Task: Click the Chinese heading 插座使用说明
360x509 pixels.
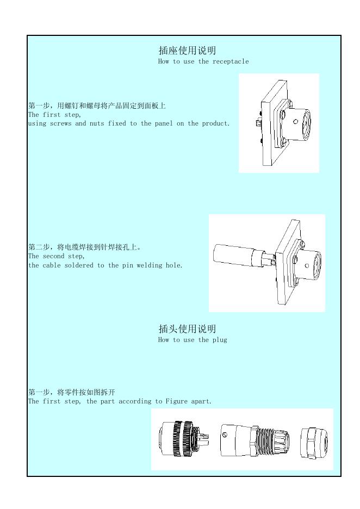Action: pos(187,51)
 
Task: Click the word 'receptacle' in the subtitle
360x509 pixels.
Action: pos(231,61)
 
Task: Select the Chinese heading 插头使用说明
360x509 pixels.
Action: pos(187,329)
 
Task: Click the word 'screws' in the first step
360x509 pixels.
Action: pos(60,123)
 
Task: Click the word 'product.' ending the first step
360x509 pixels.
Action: pos(216,123)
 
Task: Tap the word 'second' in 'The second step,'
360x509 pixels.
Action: pos(53,256)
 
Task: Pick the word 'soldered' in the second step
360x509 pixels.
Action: pos(79,265)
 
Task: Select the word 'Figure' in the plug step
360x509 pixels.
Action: pos(177,401)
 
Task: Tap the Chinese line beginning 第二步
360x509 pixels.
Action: pos(85,247)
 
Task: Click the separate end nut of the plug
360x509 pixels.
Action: pos(314,443)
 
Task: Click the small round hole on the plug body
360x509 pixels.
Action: pos(225,434)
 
